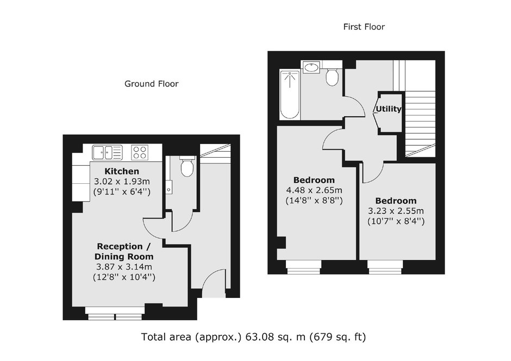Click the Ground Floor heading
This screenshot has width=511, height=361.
pos(152,84)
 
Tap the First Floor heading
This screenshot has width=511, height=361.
pos(364,27)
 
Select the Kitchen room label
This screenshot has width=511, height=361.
pos(122,171)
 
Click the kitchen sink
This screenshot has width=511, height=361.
pos(107,152)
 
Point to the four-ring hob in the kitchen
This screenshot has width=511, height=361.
pos(140,152)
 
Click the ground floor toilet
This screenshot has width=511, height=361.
pos(187,166)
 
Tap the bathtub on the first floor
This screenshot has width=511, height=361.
pos(290,95)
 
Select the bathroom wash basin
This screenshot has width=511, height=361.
pos(311,67)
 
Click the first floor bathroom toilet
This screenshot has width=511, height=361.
pos(332,76)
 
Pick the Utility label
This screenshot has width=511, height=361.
pos(389,109)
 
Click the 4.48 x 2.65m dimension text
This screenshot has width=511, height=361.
pos(314,190)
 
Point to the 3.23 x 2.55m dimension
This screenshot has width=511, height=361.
pos(396,211)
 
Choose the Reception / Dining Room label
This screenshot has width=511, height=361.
pos(124,251)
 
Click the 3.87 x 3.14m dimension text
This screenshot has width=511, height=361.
pos(124,267)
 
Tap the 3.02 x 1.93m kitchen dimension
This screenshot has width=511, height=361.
pos(122,182)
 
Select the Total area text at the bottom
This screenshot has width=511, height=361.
pos(253,337)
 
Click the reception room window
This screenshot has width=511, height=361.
pos(115,313)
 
